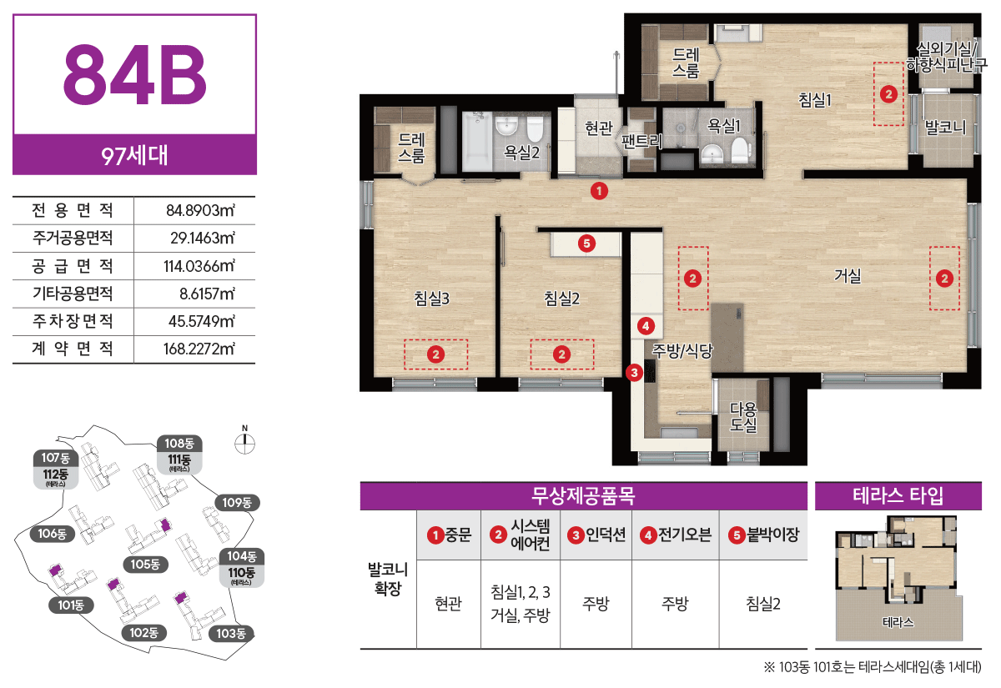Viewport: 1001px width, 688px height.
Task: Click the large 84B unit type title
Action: pyautogui.click(x=134, y=74)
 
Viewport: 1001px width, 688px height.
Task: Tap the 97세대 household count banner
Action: pyautogui.click(x=134, y=155)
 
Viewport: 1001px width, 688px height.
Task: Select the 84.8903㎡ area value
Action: pyautogui.click(x=200, y=210)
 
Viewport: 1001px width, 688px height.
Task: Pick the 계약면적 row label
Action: pyautogui.click(x=73, y=349)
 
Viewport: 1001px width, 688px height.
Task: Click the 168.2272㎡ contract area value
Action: pyautogui.click(x=199, y=349)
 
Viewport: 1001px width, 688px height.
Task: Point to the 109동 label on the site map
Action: pyautogui.click(x=237, y=503)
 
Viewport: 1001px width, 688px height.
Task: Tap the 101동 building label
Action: pyautogui.click(x=71, y=605)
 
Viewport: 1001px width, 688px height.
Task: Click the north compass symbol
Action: pyautogui.click(x=245, y=443)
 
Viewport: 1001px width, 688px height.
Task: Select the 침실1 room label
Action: pyautogui.click(x=815, y=99)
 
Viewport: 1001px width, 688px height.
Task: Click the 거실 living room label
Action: pyautogui.click(x=848, y=275)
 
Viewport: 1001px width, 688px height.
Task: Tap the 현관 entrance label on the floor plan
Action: pyautogui.click(x=598, y=128)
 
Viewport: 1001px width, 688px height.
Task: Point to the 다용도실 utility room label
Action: pyautogui.click(x=742, y=417)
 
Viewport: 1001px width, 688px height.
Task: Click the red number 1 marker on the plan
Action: pyautogui.click(x=599, y=191)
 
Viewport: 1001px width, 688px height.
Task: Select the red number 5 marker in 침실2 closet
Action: pyautogui.click(x=586, y=244)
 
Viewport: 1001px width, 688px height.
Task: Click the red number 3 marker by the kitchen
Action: pyautogui.click(x=634, y=373)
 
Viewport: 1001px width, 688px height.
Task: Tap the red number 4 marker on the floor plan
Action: pyautogui.click(x=646, y=326)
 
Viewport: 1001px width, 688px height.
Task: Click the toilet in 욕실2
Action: pyautogui.click(x=535, y=128)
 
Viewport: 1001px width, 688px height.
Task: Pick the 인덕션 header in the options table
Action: pyautogui.click(x=596, y=535)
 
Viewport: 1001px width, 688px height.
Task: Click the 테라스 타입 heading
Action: pyautogui.click(x=898, y=495)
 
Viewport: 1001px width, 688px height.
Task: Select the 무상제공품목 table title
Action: pyautogui.click(x=583, y=495)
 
